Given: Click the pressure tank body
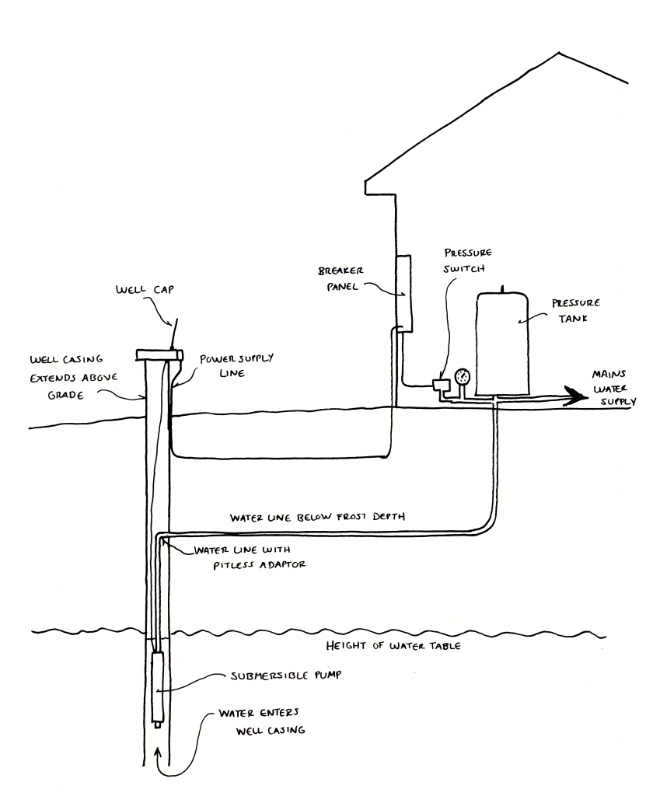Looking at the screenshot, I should coord(503,342).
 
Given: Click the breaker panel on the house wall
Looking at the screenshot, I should coord(402,292).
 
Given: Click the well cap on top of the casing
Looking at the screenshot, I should coord(159,354).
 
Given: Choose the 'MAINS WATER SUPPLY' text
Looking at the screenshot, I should coord(613,387).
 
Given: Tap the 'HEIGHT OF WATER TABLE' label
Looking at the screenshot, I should coord(393,645).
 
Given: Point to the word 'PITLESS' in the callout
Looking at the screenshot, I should coord(221,564).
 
